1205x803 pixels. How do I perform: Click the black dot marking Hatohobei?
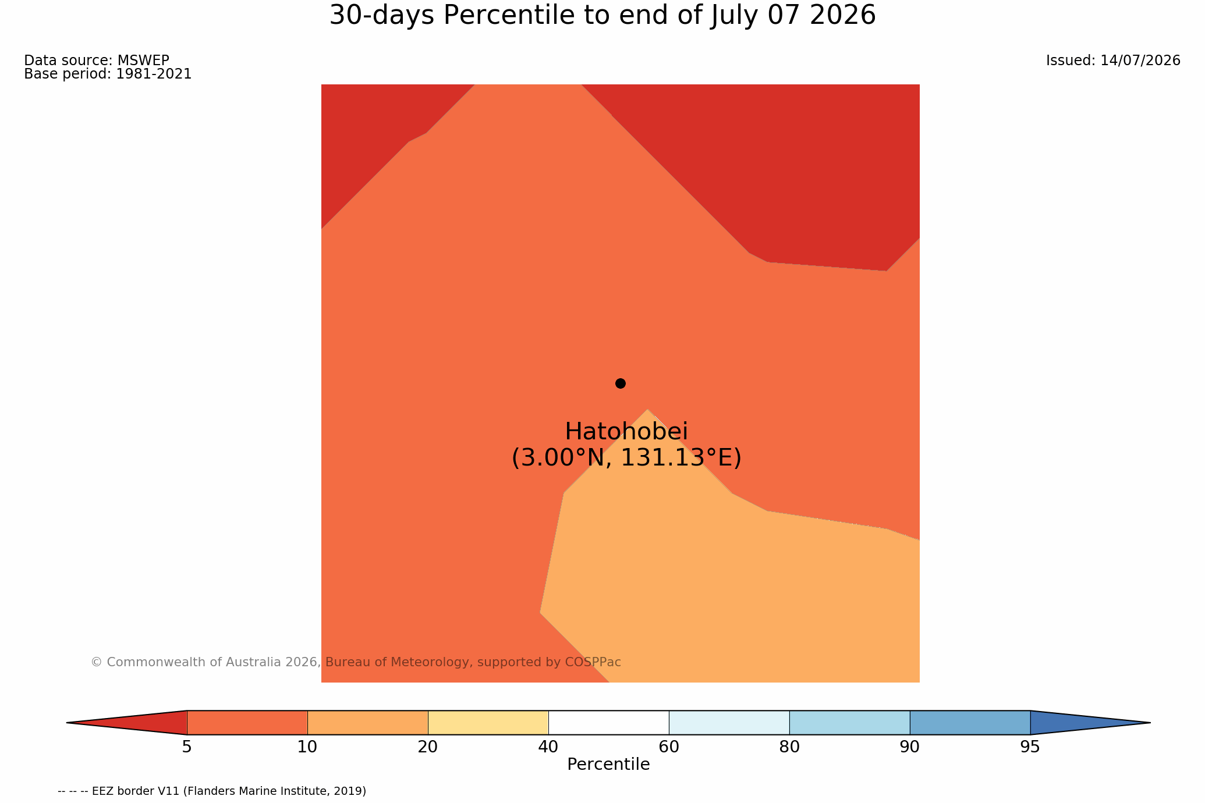[621, 383]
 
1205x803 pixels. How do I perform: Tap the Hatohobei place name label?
[626, 432]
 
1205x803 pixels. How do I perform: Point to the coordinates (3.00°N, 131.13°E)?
[626, 458]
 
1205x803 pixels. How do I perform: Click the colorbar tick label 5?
[187, 747]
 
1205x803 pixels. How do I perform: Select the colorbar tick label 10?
[307, 747]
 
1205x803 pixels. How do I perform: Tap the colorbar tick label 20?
[428, 747]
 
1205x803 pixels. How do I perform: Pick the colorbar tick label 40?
[548, 747]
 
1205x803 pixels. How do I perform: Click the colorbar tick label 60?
[669, 747]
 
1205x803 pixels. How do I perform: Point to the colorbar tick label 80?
[789, 747]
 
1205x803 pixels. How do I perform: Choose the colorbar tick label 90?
[910, 747]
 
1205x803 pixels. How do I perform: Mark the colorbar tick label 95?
[1030, 747]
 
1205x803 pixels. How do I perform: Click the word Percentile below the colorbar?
[608, 765]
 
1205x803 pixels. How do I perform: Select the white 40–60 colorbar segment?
[608, 723]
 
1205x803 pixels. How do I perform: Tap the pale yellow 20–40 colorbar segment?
[488, 723]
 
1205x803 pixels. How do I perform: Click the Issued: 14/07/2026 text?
[1113, 61]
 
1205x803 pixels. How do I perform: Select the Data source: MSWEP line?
[97, 61]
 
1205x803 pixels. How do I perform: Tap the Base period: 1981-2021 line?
[108, 74]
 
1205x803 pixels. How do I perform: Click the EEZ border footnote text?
[212, 791]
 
